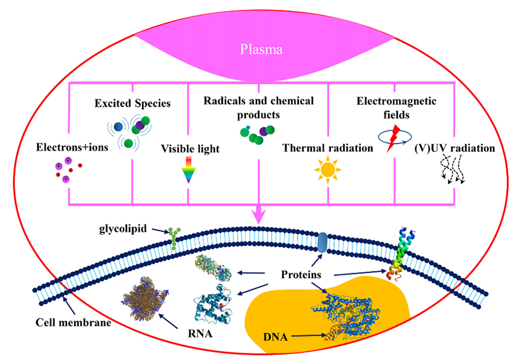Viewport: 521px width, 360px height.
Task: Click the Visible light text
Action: tap(190, 148)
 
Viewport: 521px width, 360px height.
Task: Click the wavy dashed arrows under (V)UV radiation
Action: tap(451, 174)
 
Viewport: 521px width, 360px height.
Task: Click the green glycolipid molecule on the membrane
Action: tap(173, 238)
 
